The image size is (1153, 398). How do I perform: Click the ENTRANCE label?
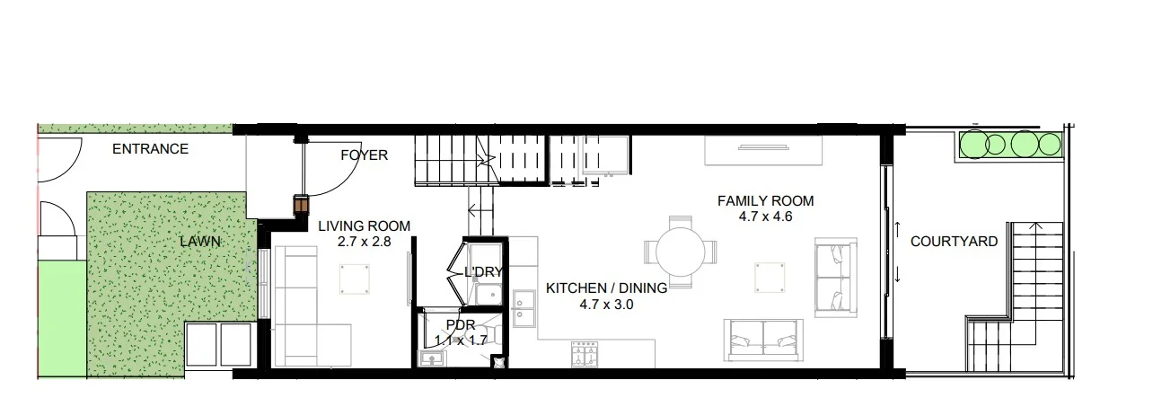pos(150,149)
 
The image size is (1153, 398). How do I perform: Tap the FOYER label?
pos(364,155)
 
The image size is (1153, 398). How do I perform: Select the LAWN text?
pos(199,242)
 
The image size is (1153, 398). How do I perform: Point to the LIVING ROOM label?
pos(364,226)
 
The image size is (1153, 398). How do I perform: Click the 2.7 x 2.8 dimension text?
pos(364,242)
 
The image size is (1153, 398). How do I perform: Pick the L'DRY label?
pos(482,272)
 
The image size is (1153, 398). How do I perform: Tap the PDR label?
pos(459,324)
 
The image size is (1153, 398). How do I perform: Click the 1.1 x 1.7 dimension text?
pos(460,340)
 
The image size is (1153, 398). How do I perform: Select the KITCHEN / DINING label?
pos(606,288)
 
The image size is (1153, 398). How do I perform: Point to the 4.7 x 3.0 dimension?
pos(607,305)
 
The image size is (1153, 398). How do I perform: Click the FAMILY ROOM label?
pos(765,200)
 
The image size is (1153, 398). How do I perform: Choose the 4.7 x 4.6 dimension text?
pos(765,216)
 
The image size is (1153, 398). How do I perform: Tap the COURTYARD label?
pos(954,242)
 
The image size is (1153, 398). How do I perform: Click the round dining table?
pos(682,252)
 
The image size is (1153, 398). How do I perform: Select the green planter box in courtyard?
pos(1010,144)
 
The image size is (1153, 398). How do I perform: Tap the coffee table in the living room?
pos(355,279)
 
